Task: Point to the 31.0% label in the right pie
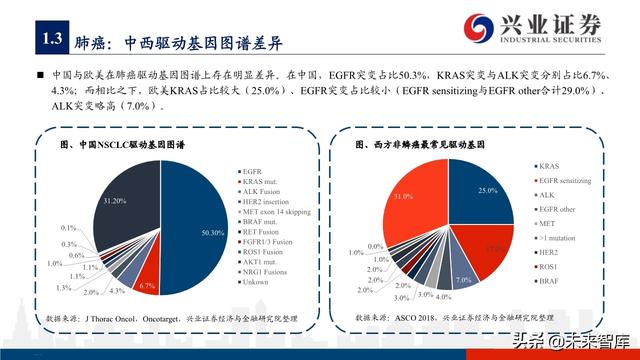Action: click(x=403, y=197)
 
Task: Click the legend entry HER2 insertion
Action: click(x=268, y=201)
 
